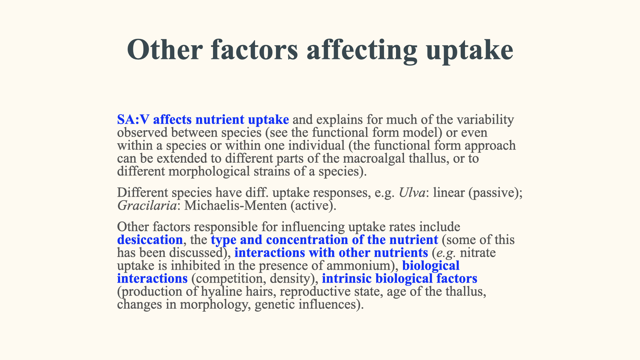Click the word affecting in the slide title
pos(362,50)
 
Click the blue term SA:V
pos(133,120)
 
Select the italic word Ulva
pos(412,193)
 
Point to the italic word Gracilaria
pos(147,206)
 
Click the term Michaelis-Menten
pos(235,206)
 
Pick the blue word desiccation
pos(150,240)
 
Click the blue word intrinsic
pos(347,279)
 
